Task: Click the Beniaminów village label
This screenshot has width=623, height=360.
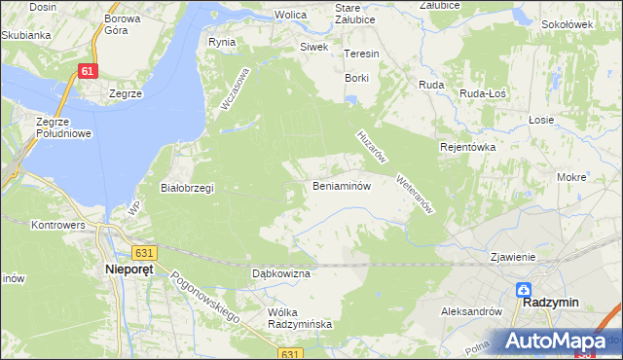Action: tap(341, 185)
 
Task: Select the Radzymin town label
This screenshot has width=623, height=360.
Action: tap(550, 303)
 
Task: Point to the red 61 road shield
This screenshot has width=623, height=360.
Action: tap(89, 71)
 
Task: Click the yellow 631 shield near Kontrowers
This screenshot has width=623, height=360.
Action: tap(144, 253)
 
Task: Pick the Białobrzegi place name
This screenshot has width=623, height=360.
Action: tap(187, 188)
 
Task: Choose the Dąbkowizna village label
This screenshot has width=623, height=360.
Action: tap(280, 274)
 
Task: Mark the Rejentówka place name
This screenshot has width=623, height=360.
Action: tap(468, 147)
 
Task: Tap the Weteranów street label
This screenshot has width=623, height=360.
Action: tap(414, 193)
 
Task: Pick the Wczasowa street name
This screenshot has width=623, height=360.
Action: tap(236, 89)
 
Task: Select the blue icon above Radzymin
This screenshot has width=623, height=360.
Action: tap(524, 289)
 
